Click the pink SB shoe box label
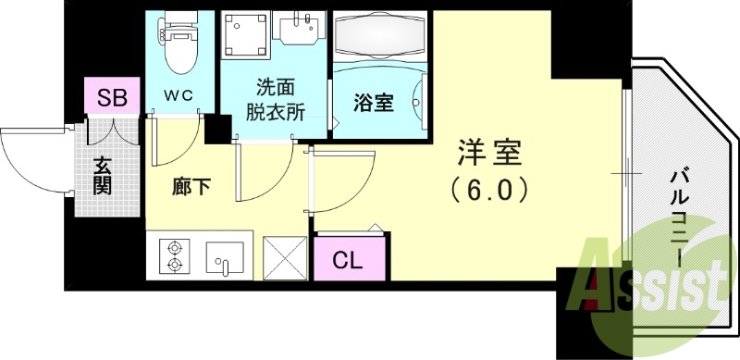coord(112,95)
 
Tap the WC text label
coord(179,95)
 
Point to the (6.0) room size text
coord(490,190)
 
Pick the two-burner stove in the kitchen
coord(174,256)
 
